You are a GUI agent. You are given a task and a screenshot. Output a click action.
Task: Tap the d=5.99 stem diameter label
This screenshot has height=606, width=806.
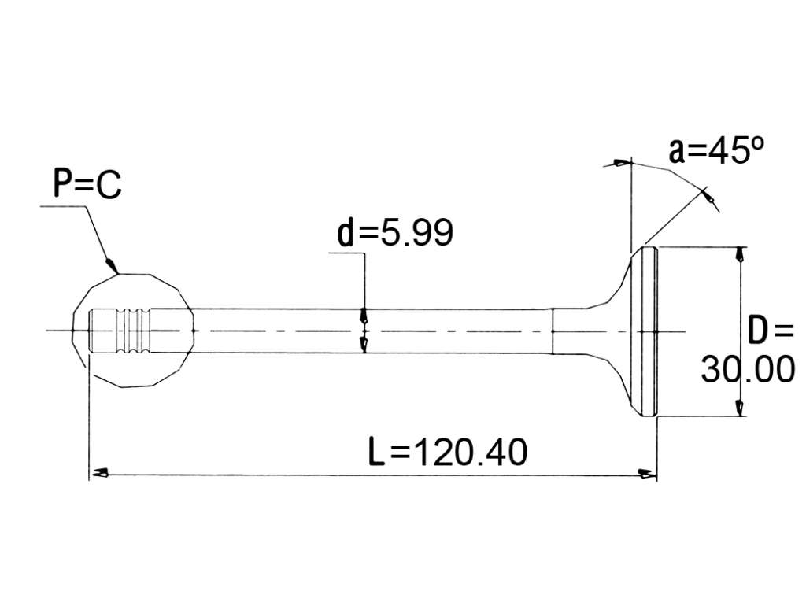point(395,232)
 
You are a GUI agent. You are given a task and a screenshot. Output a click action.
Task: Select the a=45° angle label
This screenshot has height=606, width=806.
point(716,150)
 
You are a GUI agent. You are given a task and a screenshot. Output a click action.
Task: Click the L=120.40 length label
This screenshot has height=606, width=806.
point(448,451)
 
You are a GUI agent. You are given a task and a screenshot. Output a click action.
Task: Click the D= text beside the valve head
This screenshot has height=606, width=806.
point(771,331)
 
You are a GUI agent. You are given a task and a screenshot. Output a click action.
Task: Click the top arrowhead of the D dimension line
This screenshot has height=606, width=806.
point(740,254)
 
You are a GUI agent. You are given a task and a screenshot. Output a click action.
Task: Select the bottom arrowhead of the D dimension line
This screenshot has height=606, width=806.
point(740,408)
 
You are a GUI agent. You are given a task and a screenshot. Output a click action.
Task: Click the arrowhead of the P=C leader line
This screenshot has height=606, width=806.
point(111,264)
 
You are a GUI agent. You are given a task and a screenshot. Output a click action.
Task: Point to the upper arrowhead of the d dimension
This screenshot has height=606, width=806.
point(364,315)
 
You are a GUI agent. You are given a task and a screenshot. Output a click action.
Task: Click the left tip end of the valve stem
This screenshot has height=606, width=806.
point(90,331)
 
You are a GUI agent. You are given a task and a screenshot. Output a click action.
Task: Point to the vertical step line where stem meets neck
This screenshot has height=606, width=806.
point(552,331)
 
